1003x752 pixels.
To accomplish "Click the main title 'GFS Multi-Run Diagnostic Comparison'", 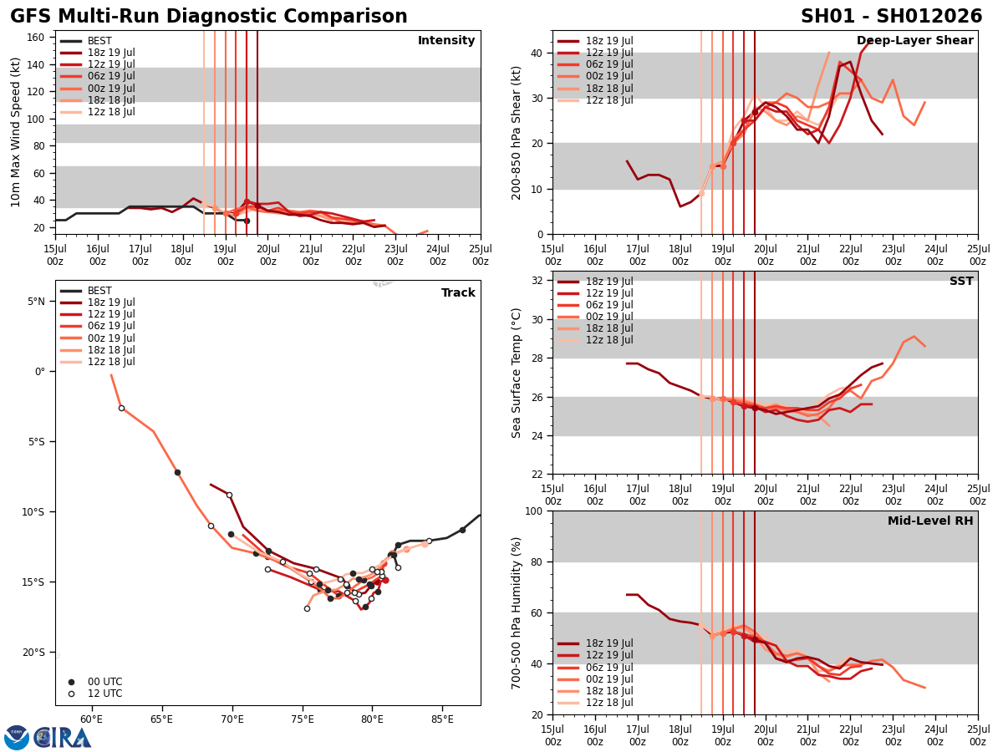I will tap(209, 17).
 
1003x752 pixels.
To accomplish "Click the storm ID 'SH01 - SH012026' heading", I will tap(891, 17).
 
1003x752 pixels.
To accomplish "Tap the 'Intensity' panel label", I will tap(446, 41).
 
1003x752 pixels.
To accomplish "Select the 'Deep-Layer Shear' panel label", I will tap(914, 41).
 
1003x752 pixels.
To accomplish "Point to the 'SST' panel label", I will tap(961, 282).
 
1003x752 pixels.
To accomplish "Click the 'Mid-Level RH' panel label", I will tap(930, 521).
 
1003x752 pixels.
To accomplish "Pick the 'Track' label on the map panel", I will tap(458, 293).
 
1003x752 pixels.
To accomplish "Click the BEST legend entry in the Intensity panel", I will tap(99, 41).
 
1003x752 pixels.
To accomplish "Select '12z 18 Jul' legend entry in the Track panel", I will tap(111, 362).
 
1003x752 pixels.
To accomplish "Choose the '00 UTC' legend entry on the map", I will tap(104, 682).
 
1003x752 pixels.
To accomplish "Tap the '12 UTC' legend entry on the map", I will tap(104, 694).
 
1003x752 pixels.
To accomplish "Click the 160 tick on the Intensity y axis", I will tap(36, 38).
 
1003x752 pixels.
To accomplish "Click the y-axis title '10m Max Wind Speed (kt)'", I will tap(16, 132).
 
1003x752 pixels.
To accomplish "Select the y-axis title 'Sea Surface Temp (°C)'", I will tap(517, 373).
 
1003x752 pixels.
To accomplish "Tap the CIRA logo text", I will tap(62, 738).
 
